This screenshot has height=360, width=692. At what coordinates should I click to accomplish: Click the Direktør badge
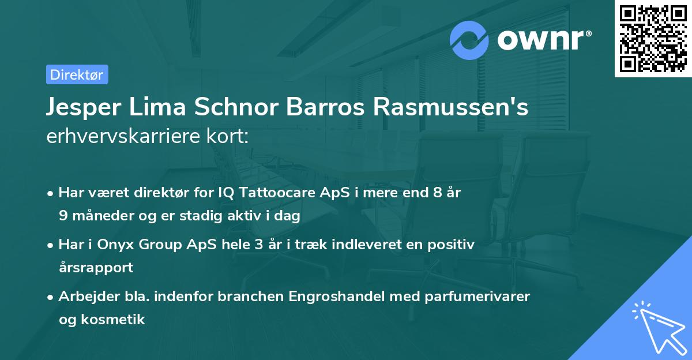77,74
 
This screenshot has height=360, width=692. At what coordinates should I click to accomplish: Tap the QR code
653,39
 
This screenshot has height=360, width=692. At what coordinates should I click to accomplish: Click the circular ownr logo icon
469,40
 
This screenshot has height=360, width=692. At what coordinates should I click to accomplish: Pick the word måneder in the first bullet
101,216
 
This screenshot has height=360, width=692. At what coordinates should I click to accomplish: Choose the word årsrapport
96,267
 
